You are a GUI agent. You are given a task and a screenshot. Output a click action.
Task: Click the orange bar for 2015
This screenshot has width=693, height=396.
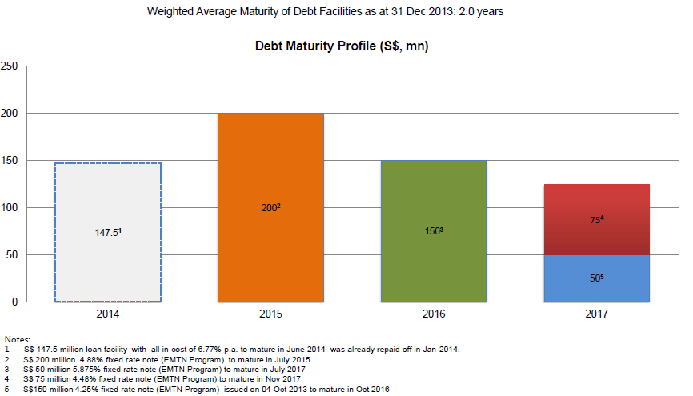pos(270,208)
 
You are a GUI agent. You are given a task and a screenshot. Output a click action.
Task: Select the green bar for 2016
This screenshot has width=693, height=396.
pos(434,231)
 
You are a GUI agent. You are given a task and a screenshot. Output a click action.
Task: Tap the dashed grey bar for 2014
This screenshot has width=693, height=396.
pos(108,233)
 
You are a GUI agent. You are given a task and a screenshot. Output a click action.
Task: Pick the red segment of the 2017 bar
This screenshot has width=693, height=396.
pos(597,220)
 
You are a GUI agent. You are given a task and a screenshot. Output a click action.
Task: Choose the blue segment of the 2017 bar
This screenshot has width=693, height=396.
pos(597,278)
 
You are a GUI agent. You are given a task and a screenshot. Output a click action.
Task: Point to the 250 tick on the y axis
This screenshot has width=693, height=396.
pos(10,66)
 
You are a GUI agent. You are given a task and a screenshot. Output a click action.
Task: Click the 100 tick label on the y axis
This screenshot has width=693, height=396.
pos(10,208)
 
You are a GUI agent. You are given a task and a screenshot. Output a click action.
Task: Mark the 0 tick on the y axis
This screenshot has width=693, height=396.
pos(14,302)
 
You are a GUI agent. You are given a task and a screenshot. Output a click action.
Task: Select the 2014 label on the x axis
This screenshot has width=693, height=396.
pos(108,314)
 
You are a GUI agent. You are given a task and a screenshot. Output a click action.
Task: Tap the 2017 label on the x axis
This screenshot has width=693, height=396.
pos(597,314)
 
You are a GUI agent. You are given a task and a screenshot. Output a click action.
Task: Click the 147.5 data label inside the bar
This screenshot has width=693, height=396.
pos(108,232)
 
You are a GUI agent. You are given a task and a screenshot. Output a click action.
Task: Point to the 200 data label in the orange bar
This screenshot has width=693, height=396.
pos(271,207)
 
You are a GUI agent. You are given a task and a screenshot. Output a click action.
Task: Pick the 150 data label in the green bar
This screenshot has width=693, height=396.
pos(434,230)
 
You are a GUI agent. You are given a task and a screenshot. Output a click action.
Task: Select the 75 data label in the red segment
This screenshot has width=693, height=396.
pos(597,219)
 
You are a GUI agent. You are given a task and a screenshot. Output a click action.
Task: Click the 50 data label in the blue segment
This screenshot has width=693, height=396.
pos(597,278)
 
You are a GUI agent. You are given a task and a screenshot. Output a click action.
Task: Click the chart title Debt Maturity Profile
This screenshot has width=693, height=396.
pos(342,46)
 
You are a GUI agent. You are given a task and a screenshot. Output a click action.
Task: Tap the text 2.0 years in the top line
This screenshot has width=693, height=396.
pos(481,11)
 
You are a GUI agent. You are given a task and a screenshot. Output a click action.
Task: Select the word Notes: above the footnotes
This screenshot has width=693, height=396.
pos(18,339)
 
